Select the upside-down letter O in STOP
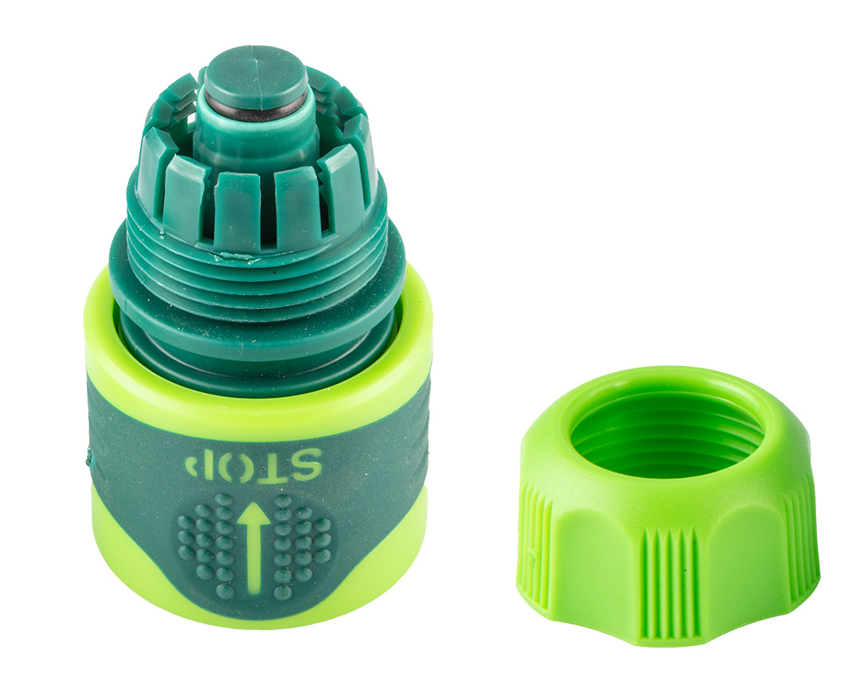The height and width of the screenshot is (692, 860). point(235,468)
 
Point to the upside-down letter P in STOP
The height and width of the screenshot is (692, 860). point(198,467)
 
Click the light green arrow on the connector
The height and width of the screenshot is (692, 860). point(253,549)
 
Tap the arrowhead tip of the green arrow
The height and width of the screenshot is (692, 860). point(253,503)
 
